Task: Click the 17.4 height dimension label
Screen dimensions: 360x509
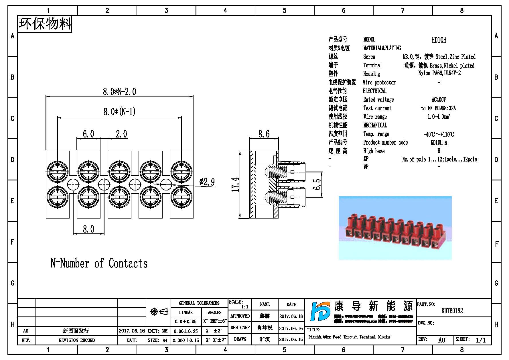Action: pyautogui.click(x=235, y=184)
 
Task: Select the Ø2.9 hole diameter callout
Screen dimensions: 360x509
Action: pyautogui.click(x=207, y=182)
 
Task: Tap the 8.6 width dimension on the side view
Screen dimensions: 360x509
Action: pyautogui.click(x=264, y=134)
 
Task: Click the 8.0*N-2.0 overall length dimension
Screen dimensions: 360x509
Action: pyautogui.click(x=119, y=92)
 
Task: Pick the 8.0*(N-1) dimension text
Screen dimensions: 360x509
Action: pyautogui.click(x=119, y=111)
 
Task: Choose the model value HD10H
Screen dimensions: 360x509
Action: pyautogui.click(x=439, y=40)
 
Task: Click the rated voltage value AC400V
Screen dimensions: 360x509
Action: pyautogui.click(x=439, y=100)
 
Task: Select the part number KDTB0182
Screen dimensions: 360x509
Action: pyautogui.click(x=452, y=311)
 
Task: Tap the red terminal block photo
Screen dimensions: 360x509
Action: pyautogui.click(x=395, y=228)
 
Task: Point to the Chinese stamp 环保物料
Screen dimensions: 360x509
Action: pyautogui.click(x=45, y=24)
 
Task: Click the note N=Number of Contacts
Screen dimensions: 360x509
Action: pyautogui.click(x=99, y=263)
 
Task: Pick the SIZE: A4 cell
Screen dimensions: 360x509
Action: pyautogui.click(x=158, y=340)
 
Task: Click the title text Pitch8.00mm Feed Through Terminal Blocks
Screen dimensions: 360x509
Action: pyautogui.click(x=349, y=337)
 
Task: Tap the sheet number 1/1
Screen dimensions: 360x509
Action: pyautogui.click(x=481, y=340)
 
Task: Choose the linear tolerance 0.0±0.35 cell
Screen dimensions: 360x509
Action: pyautogui.click(x=186, y=322)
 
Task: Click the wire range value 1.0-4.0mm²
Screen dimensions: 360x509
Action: pyautogui.click(x=439, y=117)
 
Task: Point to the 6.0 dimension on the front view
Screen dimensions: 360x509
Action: pyautogui.click(x=88, y=134)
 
